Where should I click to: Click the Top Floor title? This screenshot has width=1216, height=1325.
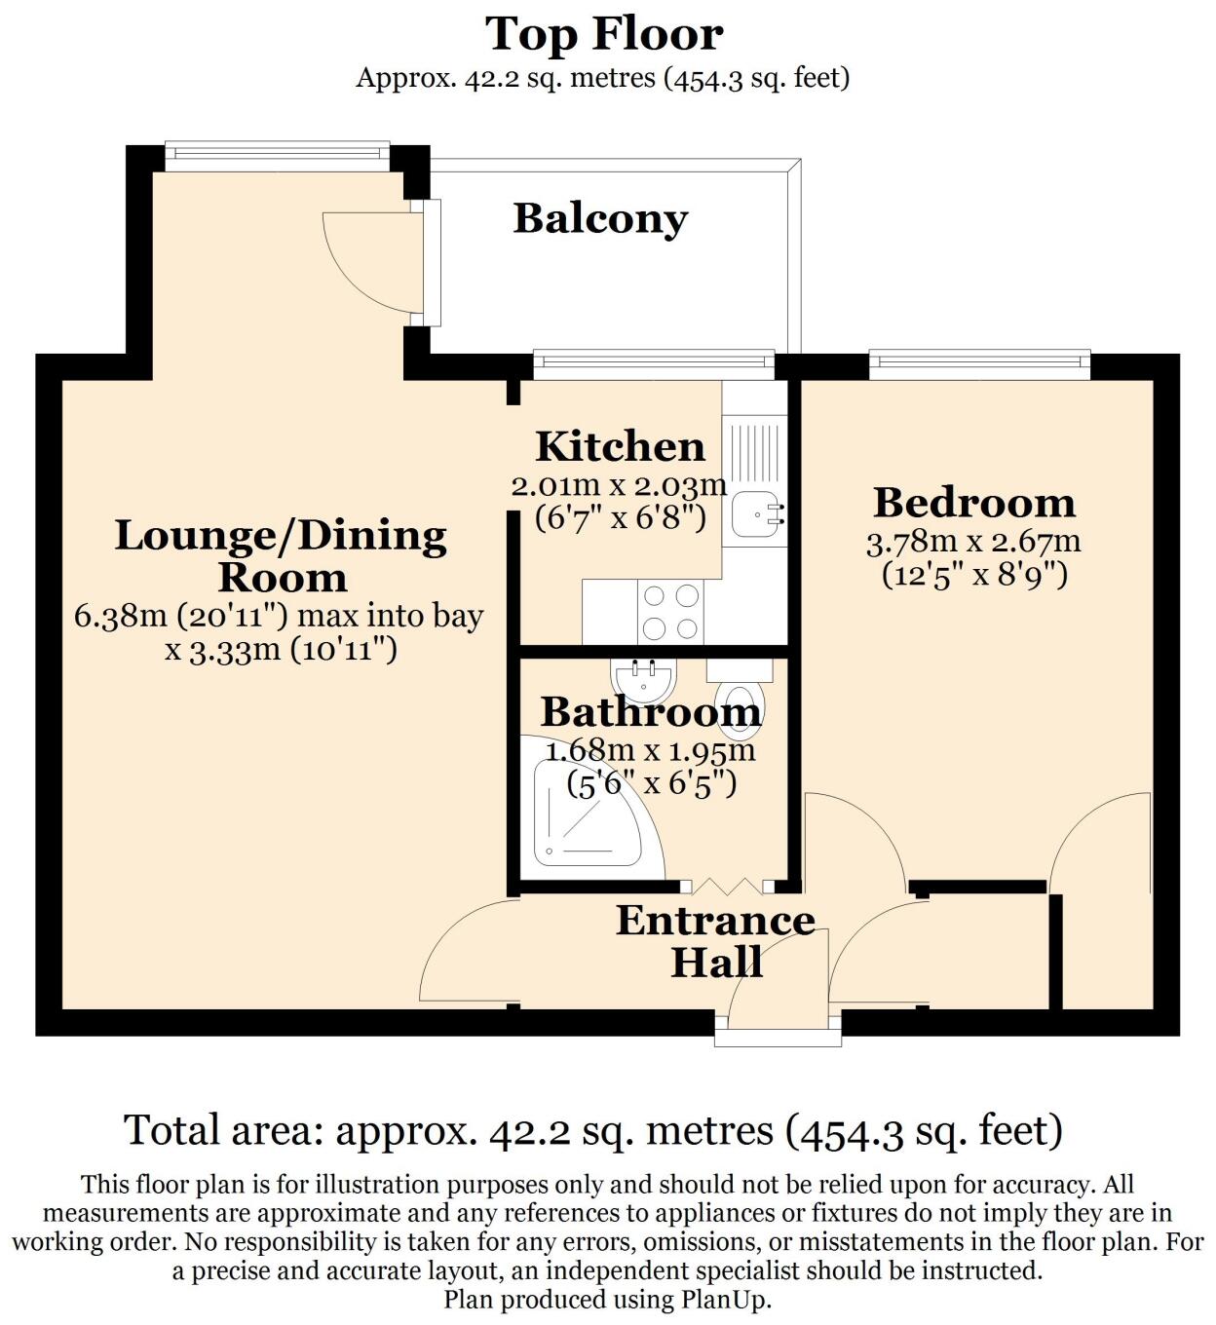(x=604, y=35)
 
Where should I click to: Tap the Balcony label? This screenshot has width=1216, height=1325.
(x=600, y=218)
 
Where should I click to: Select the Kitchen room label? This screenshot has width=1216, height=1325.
(x=620, y=447)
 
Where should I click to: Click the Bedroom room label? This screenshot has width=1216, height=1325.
(x=974, y=503)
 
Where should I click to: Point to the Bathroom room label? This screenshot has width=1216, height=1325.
(x=651, y=712)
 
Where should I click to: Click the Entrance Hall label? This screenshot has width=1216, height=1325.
(x=716, y=941)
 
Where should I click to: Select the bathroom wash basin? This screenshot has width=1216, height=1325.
(x=642, y=679)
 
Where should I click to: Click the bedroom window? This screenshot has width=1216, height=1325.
(x=979, y=365)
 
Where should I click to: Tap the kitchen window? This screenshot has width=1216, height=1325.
(x=653, y=365)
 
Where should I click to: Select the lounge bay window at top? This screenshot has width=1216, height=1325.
(x=277, y=153)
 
